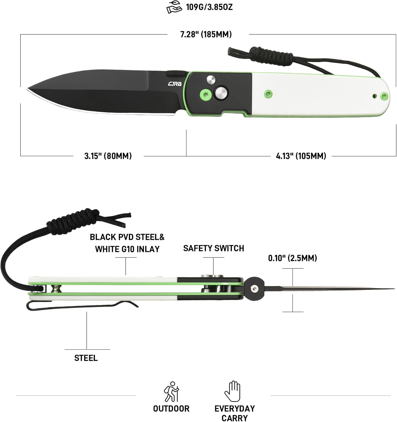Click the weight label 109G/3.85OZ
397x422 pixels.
(209, 7)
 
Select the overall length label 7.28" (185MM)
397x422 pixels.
(206, 34)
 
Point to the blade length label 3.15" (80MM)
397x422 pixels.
(108, 156)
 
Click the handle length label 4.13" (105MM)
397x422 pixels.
(301, 156)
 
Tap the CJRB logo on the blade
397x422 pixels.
(175, 84)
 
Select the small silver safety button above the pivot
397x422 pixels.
(211, 79)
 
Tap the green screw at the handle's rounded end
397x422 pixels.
(384, 96)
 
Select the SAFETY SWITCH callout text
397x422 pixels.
(214, 248)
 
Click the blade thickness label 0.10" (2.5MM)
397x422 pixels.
(292, 258)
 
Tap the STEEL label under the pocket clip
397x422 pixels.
(86, 358)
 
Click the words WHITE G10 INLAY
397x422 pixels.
(127, 249)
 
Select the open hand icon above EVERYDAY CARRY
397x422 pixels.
(232, 391)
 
